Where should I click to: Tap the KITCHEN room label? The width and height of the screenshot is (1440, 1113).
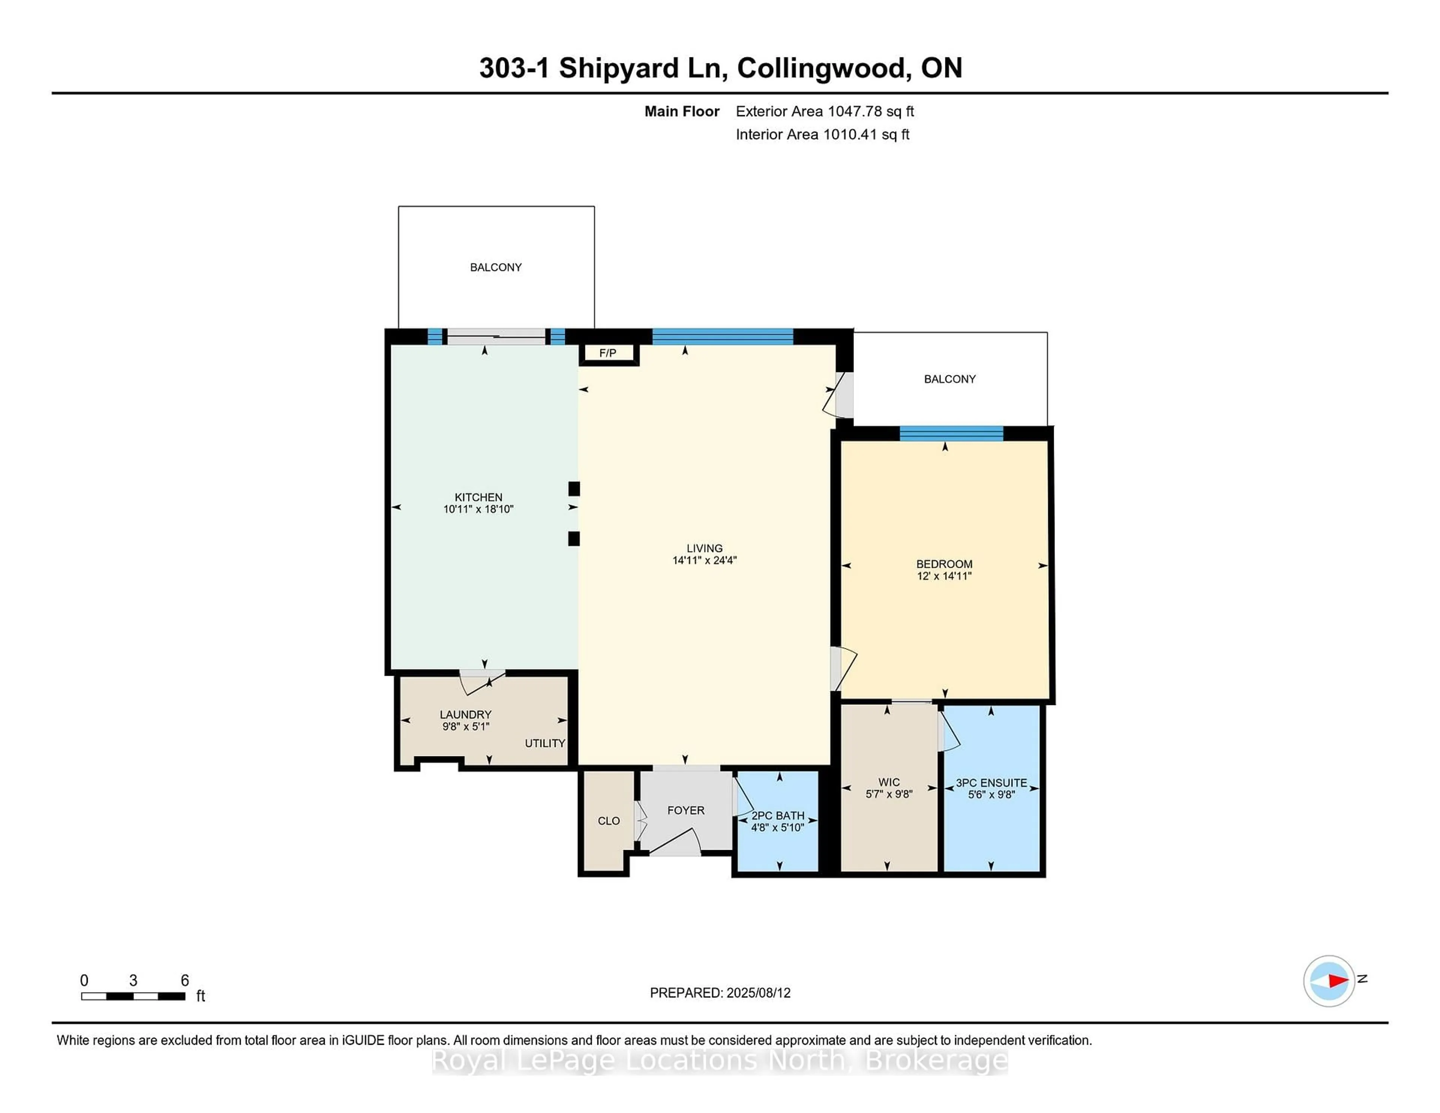tap(478, 497)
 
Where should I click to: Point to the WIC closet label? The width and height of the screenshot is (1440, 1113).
tap(889, 782)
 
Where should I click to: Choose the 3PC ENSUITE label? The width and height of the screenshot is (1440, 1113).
tap(991, 783)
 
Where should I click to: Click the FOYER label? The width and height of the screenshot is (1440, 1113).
tap(686, 810)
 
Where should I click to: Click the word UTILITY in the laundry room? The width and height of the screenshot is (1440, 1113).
tap(544, 743)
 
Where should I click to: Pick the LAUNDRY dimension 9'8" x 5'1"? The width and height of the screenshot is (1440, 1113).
tap(465, 727)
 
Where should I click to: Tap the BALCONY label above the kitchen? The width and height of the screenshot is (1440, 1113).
tap(496, 267)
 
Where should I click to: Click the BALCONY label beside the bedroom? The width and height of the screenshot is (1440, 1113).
tap(949, 379)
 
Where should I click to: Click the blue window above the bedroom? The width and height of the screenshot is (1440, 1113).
tap(951, 433)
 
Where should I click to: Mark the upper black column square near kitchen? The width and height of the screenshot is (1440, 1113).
tap(574, 489)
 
